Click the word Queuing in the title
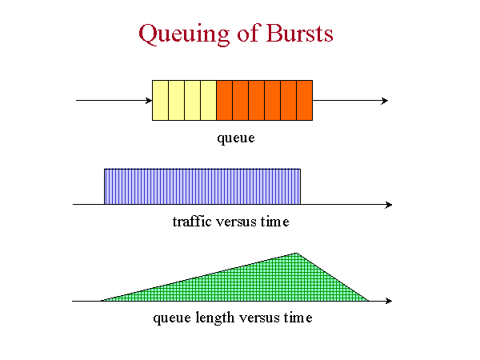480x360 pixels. tap(184, 34)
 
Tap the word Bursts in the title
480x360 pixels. tap(300, 33)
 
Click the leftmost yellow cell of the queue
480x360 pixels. tap(161, 101)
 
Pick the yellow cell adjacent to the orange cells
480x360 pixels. tap(209, 101)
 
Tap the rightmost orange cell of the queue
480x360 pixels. tap(305, 101)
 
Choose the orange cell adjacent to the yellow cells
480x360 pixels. tap(224, 101)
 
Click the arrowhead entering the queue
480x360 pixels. tap(149, 101)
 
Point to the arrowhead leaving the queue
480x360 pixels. tap(385, 101)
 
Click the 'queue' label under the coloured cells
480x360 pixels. tap(236, 138)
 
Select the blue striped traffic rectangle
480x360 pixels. tap(202, 186)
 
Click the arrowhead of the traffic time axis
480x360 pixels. tap(389, 205)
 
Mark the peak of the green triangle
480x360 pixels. tap(296, 253)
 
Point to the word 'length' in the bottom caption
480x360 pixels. tap(215, 318)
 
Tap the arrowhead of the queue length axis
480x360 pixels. tap(389, 301)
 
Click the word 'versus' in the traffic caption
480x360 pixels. tap(236, 222)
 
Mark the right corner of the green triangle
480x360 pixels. tap(369, 301)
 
